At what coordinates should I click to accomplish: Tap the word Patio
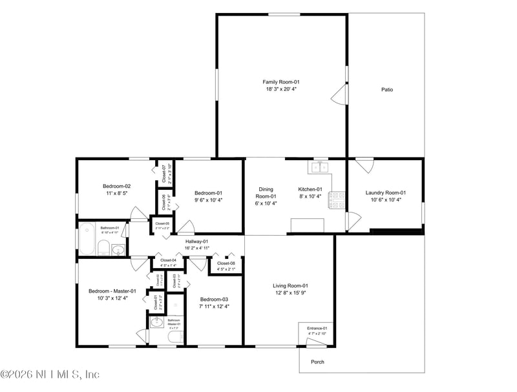[386, 90]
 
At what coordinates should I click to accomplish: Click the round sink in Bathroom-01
[117, 249]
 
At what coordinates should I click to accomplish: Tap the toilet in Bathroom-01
[102, 247]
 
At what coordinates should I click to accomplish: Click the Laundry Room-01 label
[385, 192]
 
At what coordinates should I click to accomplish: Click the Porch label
[317, 362]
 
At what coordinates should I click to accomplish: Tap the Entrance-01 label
[316, 328]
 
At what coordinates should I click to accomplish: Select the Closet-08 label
[226, 263]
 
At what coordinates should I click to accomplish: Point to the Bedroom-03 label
[214, 299]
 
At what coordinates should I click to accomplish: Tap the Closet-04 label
[168, 260]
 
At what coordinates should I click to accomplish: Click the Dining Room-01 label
[266, 192]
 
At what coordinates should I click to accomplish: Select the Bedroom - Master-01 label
[112, 291]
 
